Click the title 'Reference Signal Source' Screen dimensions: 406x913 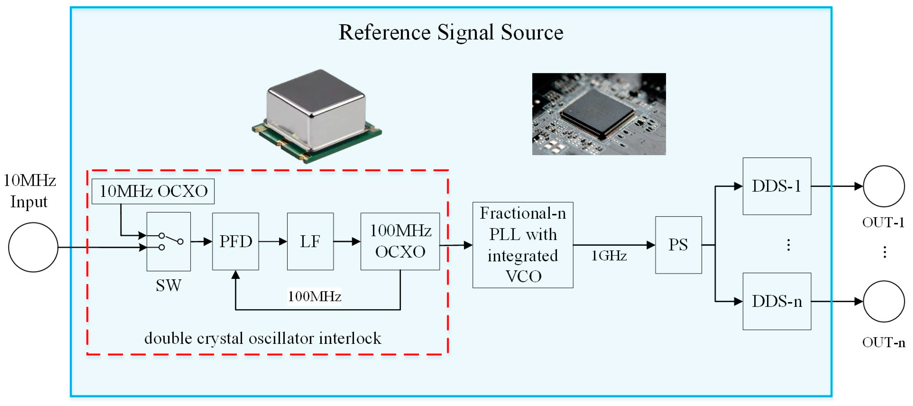pyautogui.click(x=451, y=33)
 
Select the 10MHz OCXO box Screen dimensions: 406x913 pyautogui.click(x=153, y=191)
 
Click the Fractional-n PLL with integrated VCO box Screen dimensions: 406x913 pyautogui.click(x=522, y=245)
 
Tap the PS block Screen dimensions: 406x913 pyautogui.click(x=678, y=245)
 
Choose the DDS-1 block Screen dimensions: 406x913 pyautogui.click(x=777, y=186)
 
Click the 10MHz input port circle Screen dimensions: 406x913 pyautogui.click(x=33, y=247)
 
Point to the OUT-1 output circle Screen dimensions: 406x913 pyautogui.click(x=884, y=186)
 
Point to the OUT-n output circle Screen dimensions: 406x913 pyautogui.click(x=884, y=302)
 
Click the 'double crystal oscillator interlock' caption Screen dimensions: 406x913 pyautogui.click(x=263, y=338)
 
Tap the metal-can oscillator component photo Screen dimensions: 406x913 pyautogui.click(x=316, y=115)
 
